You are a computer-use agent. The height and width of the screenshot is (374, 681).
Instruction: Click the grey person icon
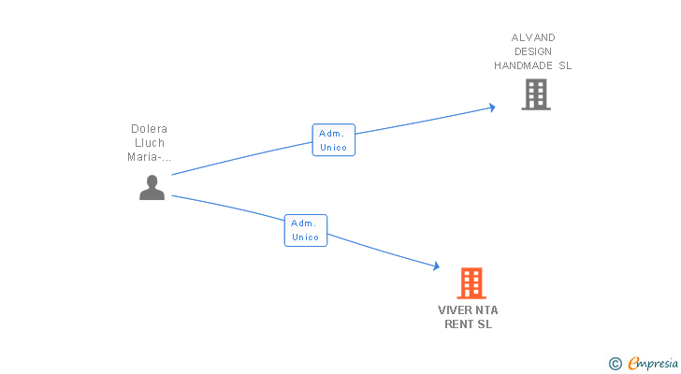152,188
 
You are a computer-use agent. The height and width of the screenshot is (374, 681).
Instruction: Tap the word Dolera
150,129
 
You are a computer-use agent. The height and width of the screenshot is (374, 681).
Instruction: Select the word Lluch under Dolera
150,143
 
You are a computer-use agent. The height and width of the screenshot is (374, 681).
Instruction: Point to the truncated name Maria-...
148,157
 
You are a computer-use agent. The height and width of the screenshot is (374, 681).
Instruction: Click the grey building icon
535,94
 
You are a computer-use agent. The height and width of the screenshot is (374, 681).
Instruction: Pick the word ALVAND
533,37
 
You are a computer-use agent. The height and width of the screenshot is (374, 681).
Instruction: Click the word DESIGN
533,51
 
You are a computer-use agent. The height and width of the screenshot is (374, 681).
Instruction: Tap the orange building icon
471,282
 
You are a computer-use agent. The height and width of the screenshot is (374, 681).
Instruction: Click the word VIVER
455,310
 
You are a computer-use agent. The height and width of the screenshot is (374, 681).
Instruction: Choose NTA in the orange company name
486,310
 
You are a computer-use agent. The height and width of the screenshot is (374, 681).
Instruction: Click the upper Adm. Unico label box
333,140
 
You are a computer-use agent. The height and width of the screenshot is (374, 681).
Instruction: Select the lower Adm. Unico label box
306,230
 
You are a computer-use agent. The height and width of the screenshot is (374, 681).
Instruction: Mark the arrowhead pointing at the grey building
491,108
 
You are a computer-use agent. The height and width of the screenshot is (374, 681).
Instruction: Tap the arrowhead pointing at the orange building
435,266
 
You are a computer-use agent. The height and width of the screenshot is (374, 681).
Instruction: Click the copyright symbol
615,364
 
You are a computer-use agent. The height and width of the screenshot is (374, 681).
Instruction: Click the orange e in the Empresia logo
633,364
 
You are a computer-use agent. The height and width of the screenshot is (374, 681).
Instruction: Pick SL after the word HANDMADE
564,65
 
